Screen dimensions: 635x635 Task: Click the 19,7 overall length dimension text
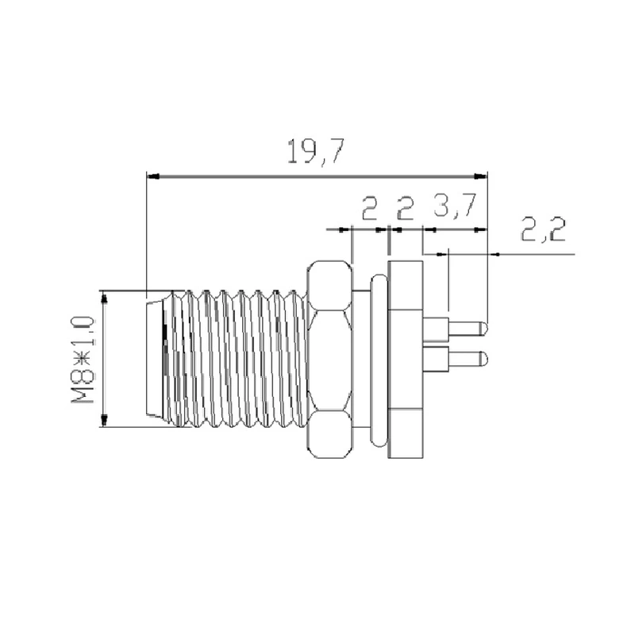pyautogui.click(x=315, y=151)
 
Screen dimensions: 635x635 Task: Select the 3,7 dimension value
pyautogui.click(x=454, y=208)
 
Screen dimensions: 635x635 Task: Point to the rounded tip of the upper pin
pyautogui.click(x=483, y=327)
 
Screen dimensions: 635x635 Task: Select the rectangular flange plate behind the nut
pyautogui.click(x=406, y=360)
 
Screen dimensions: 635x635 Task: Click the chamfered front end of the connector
pyautogui.click(x=156, y=360)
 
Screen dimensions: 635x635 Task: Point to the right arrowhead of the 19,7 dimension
pyautogui.click(x=481, y=175)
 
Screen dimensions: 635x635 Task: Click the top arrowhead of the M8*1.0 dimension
pyautogui.click(x=102, y=295)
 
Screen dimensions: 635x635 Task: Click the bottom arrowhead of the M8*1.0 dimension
pyautogui.click(x=102, y=421)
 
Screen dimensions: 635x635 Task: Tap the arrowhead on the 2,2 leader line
pyautogui.click(x=495, y=255)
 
